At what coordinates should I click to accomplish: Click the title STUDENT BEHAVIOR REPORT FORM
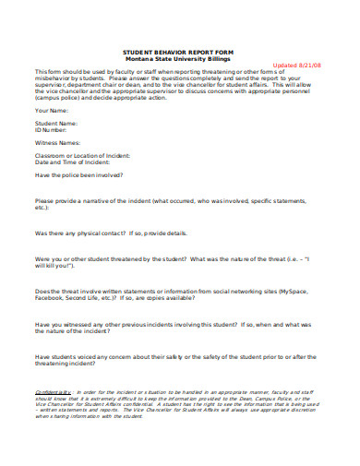coord(179,53)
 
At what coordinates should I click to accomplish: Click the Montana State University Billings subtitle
coord(179,59)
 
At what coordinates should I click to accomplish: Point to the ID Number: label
coord(54,129)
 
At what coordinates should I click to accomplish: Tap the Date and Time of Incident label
coord(77,163)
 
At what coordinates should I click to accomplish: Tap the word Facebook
coord(52,298)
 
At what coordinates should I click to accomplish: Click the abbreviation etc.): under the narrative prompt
coord(43,207)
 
